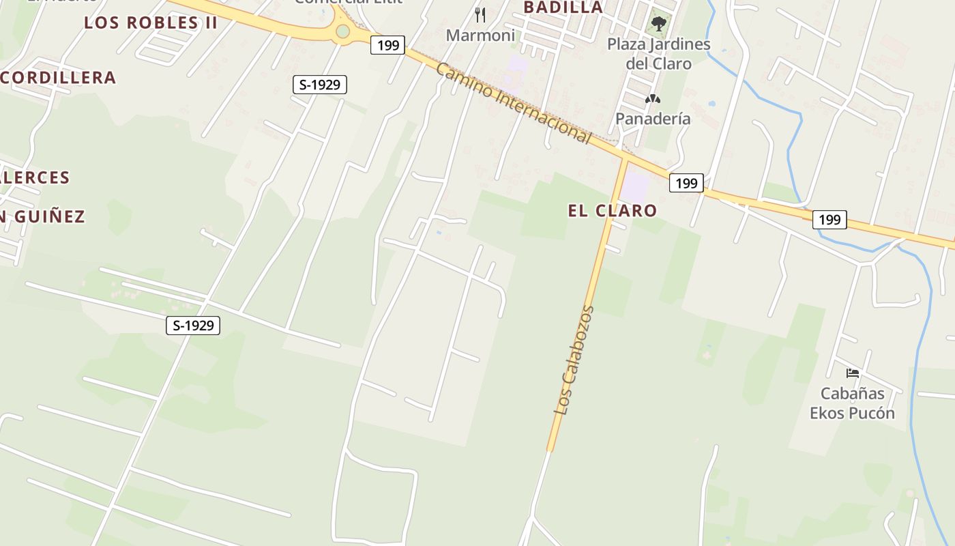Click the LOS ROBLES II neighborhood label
(150, 23)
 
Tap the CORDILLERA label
(58, 78)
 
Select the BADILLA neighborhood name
(563, 8)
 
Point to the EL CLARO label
(612, 210)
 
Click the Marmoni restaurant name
(480, 35)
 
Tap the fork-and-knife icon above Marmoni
(480, 14)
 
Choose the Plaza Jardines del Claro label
(658, 54)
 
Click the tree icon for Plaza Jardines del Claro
(658, 25)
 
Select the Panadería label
(653, 119)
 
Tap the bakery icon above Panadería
(653, 99)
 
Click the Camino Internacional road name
(513, 103)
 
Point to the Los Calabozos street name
(574, 360)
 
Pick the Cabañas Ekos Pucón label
(852, 403)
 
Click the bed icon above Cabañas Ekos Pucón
(852, 373)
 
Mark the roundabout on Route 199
(342, 31)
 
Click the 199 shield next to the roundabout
(387, 46)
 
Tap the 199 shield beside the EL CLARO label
(686, 183)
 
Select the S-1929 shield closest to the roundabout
(319, 85)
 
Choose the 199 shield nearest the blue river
(829, 220)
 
